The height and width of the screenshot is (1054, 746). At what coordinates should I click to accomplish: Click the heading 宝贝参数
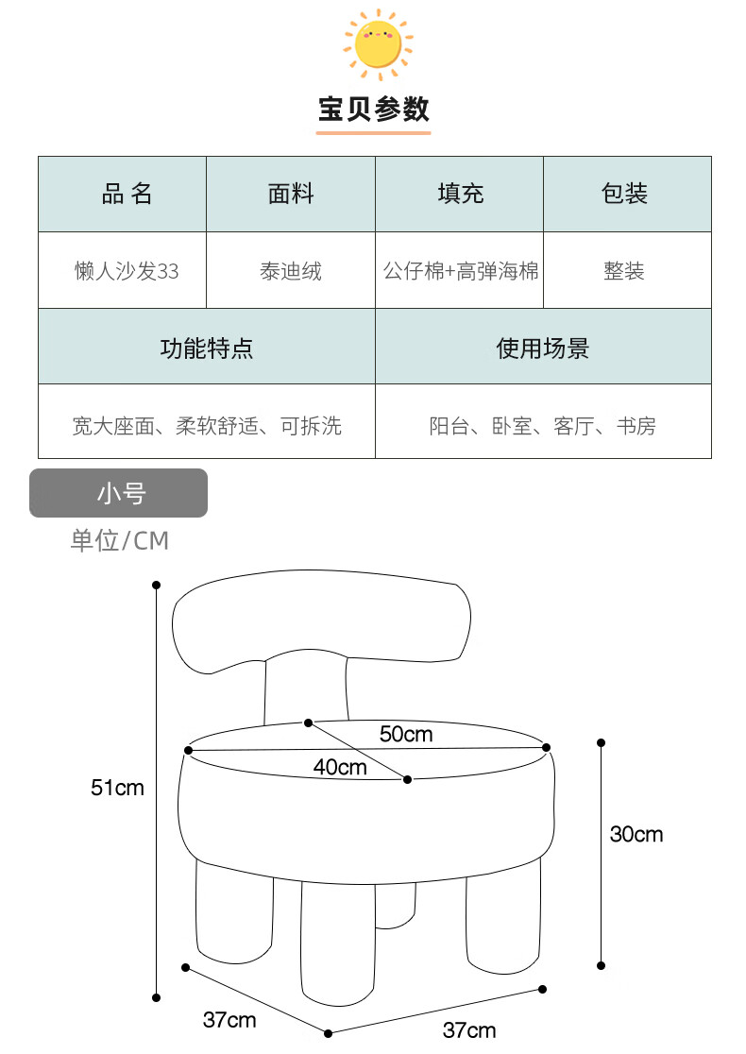[x=373, y=110]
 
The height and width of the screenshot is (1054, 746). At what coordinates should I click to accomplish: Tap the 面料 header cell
[x=291, y=195]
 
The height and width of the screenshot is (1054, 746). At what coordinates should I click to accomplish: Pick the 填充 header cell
[x=460, y=195]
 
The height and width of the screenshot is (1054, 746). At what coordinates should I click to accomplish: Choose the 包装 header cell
[x=625, y=195]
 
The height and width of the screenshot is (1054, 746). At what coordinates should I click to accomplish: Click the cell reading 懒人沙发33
[x=127, y=271]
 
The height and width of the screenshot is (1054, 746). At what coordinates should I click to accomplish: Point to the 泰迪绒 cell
[x=291, y=271]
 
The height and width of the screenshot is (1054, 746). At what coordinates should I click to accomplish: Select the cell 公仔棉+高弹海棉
[x=460, y=271]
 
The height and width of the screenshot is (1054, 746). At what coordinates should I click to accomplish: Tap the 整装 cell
[x=625, y=271]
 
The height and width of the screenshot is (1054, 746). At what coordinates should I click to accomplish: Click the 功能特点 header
[x=207, y=348]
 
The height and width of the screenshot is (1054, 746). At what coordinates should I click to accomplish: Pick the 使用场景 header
[x=542, y=348]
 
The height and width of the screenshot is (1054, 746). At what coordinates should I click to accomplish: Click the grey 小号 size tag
[x=119, y=493]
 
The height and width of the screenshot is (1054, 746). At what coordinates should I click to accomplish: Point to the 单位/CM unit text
[x=119, y=540]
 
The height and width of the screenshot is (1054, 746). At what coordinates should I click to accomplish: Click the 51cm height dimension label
[x=117, y=787]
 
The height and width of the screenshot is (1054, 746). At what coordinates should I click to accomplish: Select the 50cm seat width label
[x=406, y=734]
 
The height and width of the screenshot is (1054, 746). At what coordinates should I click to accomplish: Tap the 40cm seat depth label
[x=340, y=767]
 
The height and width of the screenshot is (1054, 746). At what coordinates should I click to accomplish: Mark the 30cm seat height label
[x=636, y=834]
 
